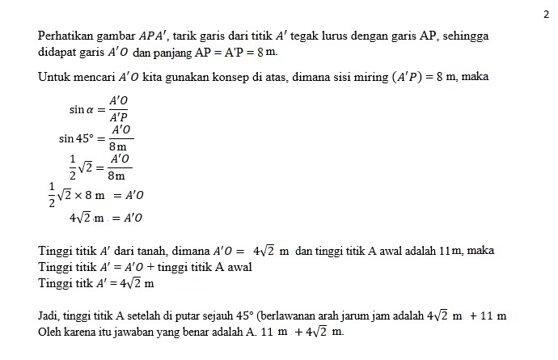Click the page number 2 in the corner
(546, 14)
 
